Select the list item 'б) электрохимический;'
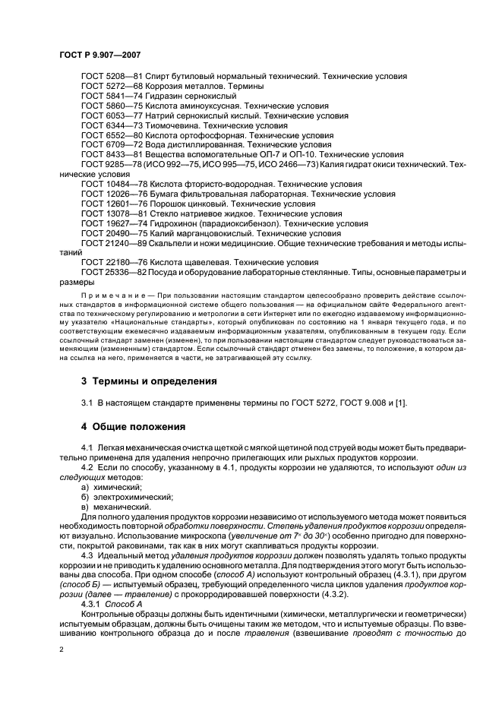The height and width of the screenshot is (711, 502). (122, 497)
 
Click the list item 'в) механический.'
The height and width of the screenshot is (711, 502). (115, 507)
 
